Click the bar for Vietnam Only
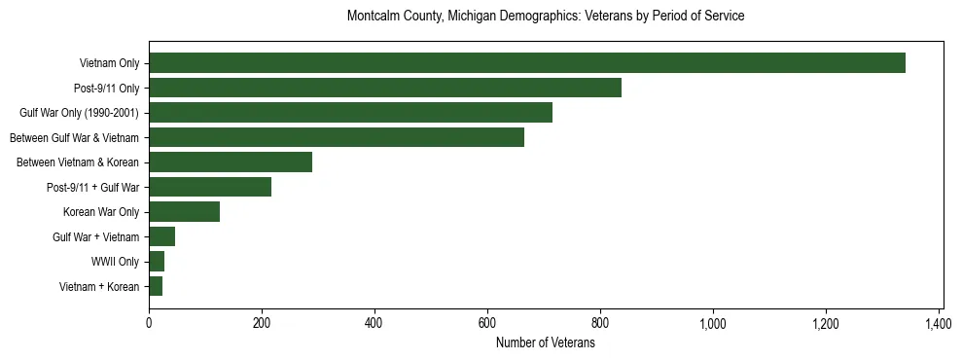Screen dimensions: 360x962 526,63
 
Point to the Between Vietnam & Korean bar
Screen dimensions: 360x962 230,162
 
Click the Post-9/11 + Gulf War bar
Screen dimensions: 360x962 209,187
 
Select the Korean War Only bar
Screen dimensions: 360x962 184,212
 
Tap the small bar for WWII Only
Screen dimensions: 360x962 157,262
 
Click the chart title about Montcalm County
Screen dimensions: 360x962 546,17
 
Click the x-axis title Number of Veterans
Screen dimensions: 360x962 546,342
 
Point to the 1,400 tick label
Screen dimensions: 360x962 939,323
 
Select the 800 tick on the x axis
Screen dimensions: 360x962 600,323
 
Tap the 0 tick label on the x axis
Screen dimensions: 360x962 149,323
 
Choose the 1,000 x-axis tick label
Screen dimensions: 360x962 713,323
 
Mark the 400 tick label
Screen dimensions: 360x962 374,323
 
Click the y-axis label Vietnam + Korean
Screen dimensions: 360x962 99,287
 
